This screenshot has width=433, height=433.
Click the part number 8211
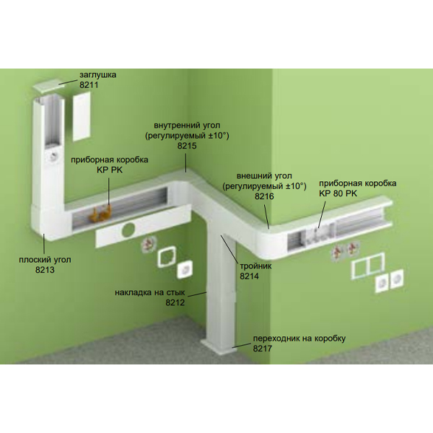[x=89, y=84]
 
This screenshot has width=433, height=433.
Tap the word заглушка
[x=97, y=75]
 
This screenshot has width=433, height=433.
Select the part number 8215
[x=187, y=146]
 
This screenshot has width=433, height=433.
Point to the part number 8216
[x=264, y=196]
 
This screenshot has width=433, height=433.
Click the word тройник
[x=255, y=266]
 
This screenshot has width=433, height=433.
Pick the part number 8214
[x=250, y=276]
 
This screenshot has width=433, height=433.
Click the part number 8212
[x=175, y=302]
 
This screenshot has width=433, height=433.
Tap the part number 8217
[x=263, y=349]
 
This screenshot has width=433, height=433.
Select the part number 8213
[x=45, y=269]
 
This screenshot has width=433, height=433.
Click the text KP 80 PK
[x=338, y=193]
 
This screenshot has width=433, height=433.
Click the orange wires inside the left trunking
[x=101, y=214]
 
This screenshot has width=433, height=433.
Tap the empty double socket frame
[x=368, y=266]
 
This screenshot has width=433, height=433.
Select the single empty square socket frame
[x=167, y=257]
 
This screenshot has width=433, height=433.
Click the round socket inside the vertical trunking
[x=53, y=157]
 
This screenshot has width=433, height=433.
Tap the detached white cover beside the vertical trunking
[x=82, y=116]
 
